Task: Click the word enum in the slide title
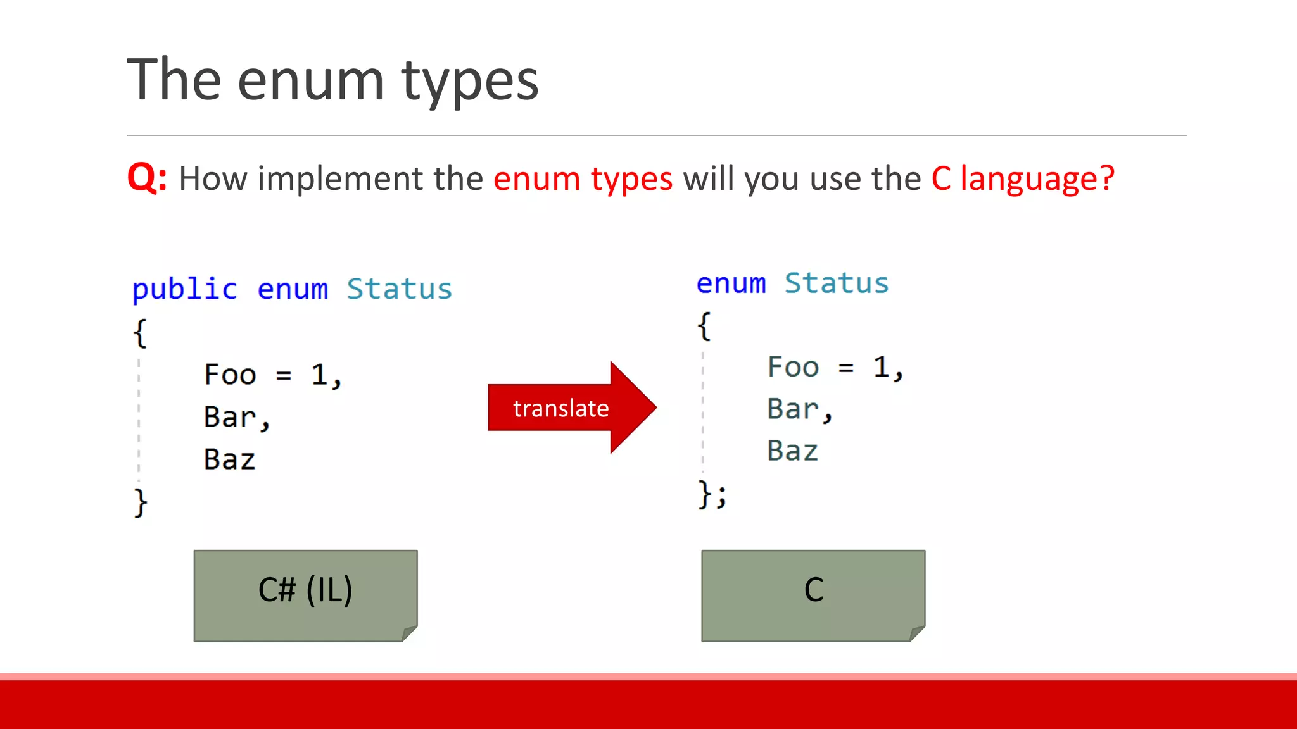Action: pos(310,80)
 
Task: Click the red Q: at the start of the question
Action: pos(146,178)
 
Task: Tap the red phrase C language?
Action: pos(1022,178)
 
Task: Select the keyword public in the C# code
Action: pos(184,289)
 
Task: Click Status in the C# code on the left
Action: pos(399,289)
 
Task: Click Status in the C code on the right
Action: pos(836,283)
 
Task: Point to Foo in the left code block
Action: pos(230,375)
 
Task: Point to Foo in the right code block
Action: pos(793,367)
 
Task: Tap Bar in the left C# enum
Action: pos(229,417)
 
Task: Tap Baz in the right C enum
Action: pos(792,451)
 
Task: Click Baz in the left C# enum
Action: pos(229,459)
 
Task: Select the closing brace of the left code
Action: pos(141,502)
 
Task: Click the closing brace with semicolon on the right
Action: pos(711,494)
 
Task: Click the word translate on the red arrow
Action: pos(560,408)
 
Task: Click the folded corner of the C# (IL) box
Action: pos(410,633)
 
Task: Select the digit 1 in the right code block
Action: pos(881,367)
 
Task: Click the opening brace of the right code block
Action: pos(704,326)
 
